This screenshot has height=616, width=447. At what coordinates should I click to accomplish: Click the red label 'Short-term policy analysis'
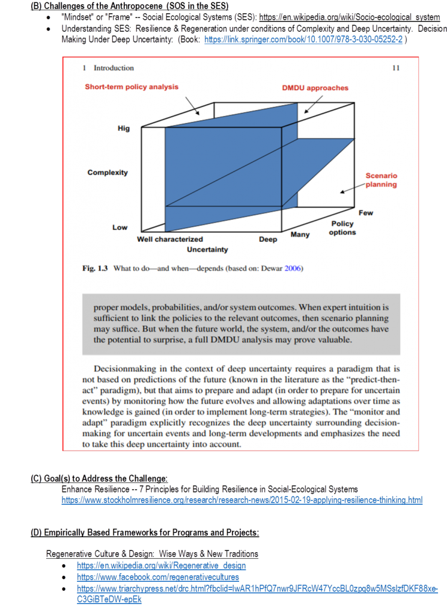click(x=132, y=87)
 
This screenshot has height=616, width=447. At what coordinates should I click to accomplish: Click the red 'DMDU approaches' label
click(x=315, y=88)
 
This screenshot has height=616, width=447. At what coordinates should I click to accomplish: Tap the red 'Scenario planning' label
click(x=381, y=180)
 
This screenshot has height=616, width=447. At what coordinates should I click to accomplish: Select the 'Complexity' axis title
click(x=108, y=173)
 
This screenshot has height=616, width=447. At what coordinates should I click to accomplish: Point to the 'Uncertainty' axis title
click(x=207, y=249)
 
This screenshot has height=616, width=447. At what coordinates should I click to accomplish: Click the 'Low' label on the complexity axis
click(x=120, y=227)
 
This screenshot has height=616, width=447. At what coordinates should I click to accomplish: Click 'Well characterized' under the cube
click(x=170, y=239)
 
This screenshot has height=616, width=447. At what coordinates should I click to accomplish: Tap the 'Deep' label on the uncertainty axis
click(x=268, y=239)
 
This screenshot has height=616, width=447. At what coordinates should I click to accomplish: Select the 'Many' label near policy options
click(x=300, y=234)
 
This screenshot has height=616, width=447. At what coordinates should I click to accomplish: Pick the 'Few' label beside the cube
click(x=366, y=213)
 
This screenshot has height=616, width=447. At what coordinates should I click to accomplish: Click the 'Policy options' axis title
click(x=342, y=228)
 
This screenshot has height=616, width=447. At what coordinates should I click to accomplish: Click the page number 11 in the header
click(x=395, y=68)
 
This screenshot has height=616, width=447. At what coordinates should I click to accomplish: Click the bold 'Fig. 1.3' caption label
click(x=94, y=268)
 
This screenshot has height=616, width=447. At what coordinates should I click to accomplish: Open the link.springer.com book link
click(x=303, y=40)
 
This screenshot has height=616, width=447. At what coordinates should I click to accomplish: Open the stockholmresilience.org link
click(x=242, y=500)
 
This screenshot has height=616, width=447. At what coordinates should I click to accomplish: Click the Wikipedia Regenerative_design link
click(x=161, y=565)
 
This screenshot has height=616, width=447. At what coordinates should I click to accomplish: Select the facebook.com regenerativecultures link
click(x=157, y=577)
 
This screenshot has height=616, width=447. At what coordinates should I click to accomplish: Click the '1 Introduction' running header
click(x=108, y=68)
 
